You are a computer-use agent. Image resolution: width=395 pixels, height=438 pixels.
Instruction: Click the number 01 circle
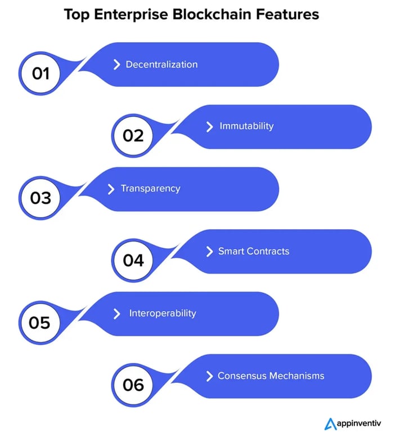[x=41, y=74]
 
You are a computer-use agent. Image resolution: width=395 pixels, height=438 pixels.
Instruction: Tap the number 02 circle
[x=133, y=136]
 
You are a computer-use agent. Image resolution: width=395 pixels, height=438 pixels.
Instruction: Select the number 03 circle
[x=41, y=198]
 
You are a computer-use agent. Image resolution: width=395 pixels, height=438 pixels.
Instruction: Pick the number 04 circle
[x=133, y=261]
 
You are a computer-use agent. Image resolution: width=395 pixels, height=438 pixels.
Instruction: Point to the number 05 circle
[x=41, y=323]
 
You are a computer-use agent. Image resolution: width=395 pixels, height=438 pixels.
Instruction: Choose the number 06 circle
[x=133, y=385]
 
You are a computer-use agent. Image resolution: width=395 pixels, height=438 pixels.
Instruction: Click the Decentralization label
[x=161, y=65]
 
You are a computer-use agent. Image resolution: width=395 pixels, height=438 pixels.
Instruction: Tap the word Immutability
[x=246, y=126]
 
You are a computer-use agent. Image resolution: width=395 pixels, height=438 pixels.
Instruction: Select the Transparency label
[x=150, y=189]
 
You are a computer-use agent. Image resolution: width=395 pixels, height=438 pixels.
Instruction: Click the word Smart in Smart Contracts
[x=231, y=251]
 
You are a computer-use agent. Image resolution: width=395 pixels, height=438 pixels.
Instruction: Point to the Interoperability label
[x=163, y=313]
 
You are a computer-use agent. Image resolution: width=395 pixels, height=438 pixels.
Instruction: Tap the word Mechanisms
[x=297, y=376]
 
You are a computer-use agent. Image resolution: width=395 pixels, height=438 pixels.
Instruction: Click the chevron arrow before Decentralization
[x=116, y=65]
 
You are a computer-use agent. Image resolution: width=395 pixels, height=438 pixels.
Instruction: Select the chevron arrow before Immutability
[x=209, y=126]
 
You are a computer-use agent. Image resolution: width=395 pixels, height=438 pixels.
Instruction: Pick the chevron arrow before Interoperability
[x=116, y=313]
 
